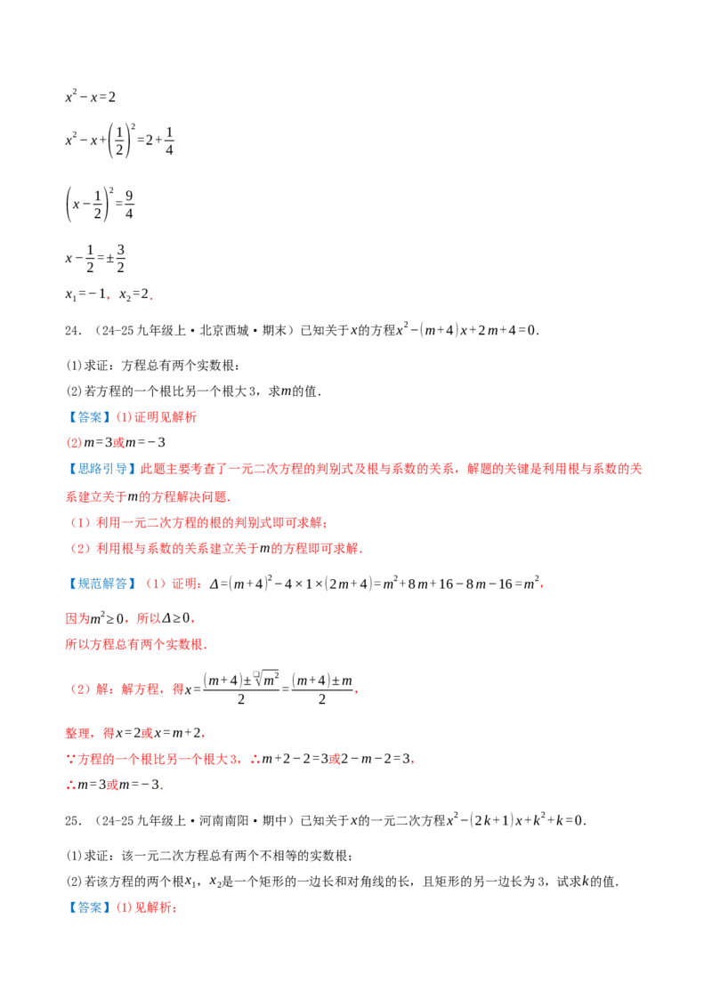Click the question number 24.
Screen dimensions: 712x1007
click(73, 331)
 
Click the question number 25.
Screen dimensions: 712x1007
click(73, 821)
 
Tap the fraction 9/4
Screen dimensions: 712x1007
click(129, 205)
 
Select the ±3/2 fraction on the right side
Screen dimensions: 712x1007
click(116, 258)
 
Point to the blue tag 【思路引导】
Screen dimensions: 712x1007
click(101, 469)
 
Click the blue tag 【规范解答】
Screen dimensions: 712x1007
click(101, 584)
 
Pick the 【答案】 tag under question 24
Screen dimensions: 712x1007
click(89, 417)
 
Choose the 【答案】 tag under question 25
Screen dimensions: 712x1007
click(89, 907)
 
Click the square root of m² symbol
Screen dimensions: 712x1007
click(267, 678)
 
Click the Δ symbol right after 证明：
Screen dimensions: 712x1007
click(214, 584)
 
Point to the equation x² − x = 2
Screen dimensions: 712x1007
click(91, 97)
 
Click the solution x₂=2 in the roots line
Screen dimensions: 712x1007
click(134, 294)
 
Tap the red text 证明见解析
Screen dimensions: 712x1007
click(166, 417)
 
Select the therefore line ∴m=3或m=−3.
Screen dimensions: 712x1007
click(115, 785)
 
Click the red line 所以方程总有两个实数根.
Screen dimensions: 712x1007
click(135, 644)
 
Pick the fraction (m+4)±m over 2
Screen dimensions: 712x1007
click(322, 689)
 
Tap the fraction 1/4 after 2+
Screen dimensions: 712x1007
click(169, 141)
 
